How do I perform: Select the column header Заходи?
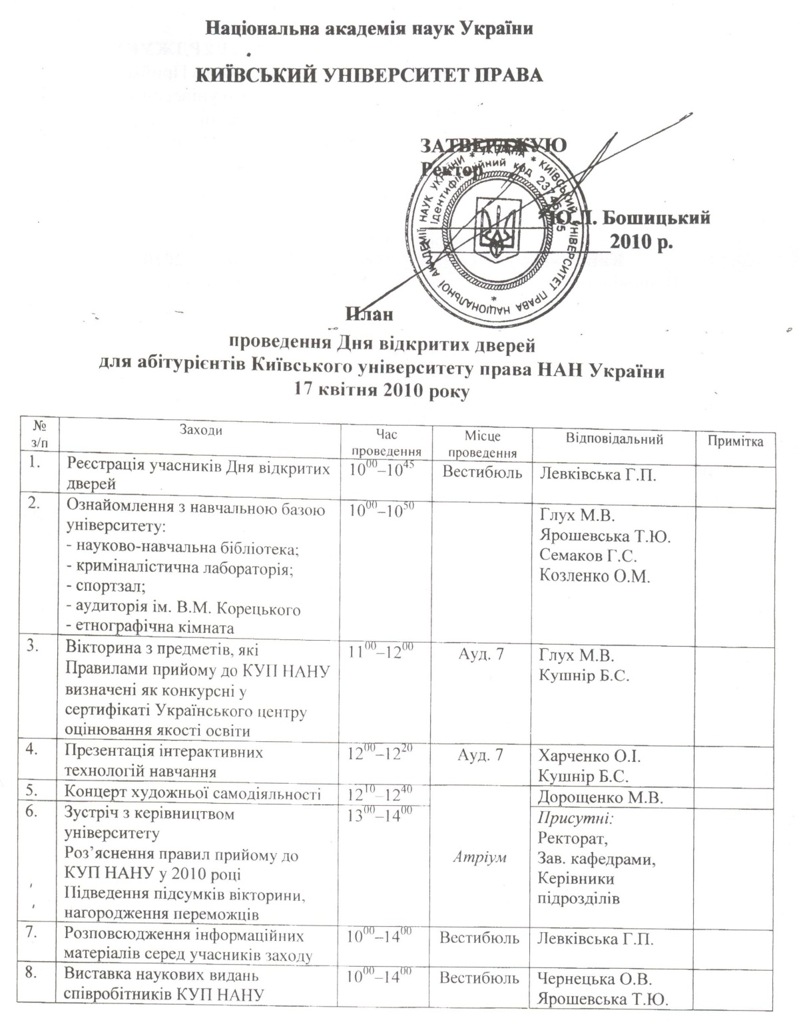pos(201,430)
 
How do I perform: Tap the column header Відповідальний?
pos(615,439)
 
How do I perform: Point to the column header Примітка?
pos(735,442)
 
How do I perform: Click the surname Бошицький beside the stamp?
pos(653,218)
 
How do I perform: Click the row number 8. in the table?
pos(32,975)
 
